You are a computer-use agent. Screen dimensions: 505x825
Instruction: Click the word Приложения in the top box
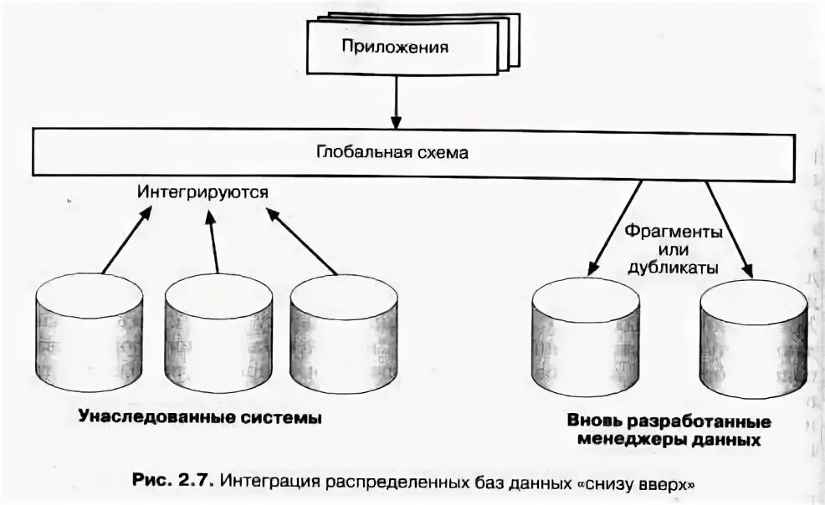[x=394, y=47]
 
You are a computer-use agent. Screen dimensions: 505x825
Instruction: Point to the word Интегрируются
[x=203, y=191]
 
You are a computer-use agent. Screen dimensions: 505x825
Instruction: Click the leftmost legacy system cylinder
[x=89, y=334]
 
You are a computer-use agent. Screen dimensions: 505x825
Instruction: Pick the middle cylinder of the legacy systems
[x=218, y=334]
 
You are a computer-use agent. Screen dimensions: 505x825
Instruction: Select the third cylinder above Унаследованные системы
[x=343, y=334]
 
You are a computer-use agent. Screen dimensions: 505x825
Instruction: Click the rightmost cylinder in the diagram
[x=754, y=339]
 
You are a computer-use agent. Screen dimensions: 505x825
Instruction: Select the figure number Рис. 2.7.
[x=174, y=482]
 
